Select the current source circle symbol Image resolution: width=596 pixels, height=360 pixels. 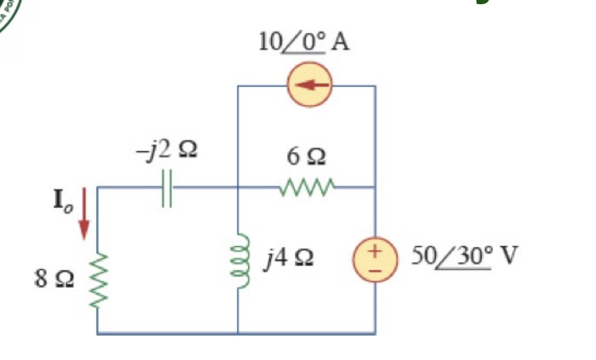[309, 85]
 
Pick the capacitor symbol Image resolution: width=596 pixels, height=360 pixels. [167, 187]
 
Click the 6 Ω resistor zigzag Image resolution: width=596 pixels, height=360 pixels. [306, 187]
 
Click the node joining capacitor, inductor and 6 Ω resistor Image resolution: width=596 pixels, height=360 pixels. [237, 187]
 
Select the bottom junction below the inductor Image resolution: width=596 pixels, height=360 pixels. [237, 333]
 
